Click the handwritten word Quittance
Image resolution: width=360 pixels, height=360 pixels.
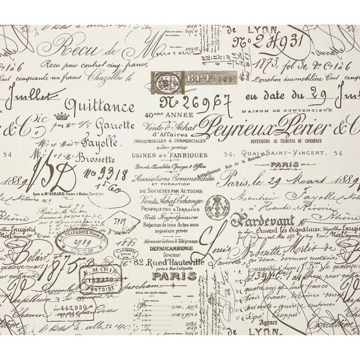[x=100, y=107]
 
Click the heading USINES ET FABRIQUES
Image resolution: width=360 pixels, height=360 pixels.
[x=170, y=155]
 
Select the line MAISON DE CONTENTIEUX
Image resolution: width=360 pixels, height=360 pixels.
[x=287, y=110]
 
